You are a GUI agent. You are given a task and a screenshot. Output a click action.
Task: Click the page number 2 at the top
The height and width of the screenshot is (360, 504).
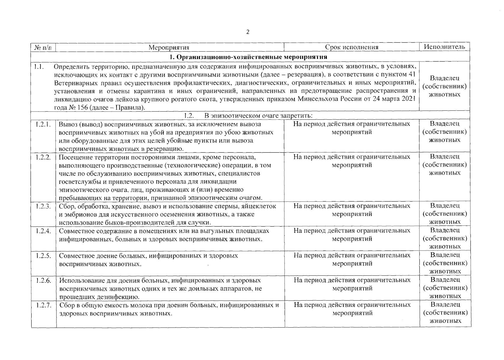tap(248, 32)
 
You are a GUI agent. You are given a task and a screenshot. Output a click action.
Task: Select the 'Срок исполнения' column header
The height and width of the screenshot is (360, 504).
tap(352, 47)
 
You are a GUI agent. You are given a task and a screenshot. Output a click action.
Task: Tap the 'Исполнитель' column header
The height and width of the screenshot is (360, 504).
tap(444, 47)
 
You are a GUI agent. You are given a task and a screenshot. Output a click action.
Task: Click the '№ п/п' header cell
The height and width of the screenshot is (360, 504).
tap(43, 47)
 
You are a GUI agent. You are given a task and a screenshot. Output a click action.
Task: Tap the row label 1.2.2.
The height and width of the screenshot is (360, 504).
tap(43, 157)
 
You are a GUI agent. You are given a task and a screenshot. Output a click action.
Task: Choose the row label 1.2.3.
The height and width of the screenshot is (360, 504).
tap(43, 206)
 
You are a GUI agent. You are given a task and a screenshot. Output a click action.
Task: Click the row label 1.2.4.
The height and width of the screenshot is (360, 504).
tap(43, 231)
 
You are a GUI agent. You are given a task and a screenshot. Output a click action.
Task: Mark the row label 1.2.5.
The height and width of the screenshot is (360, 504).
tap(43, 256)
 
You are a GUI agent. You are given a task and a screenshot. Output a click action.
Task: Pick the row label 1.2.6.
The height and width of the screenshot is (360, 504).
tap(43, 280)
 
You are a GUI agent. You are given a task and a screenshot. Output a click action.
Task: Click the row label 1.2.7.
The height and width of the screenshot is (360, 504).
tap(43, 305)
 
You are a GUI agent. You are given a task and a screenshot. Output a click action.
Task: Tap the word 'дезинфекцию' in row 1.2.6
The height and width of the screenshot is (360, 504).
tap(120, 297)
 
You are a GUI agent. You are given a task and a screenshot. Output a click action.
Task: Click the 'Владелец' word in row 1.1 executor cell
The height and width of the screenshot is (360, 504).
tap(445, 78)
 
